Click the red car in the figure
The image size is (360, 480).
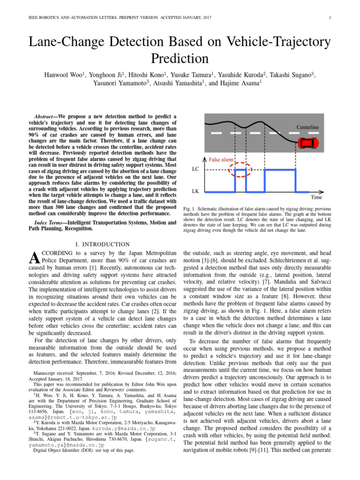pyautogui.click(x=307, y=143)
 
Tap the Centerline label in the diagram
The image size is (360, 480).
pyautogui.click(x=307, y=127)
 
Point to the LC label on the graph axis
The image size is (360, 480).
pyautogui.click(x=196, y=170)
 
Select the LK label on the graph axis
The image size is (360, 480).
pyautogui.click(x=196, y=192)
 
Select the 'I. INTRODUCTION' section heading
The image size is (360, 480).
pyautogui.click(x=103, y=244)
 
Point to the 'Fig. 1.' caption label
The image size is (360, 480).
pyautogui.click(x=189, y=207)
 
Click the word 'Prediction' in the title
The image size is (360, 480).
pyautogui.click(x=180, y=59)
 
